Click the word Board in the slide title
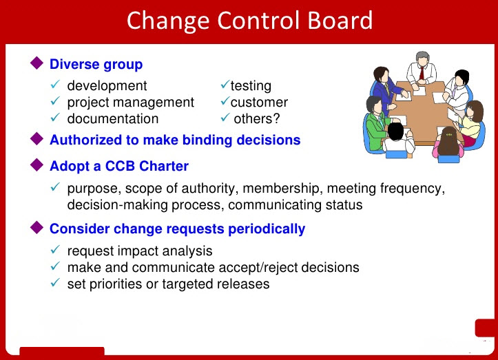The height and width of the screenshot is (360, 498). (x=337, y=20)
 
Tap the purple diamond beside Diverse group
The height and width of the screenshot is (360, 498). (x=37, y=64)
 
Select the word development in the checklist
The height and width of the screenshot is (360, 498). (x=107, y=86)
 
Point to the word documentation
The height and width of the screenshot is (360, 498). (x=112, y=118)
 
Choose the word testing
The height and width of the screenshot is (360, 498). (x=251, y=86)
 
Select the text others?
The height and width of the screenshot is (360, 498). (x=258, y=118)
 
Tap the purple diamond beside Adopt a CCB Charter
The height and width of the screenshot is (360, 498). (x=37, y=165)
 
